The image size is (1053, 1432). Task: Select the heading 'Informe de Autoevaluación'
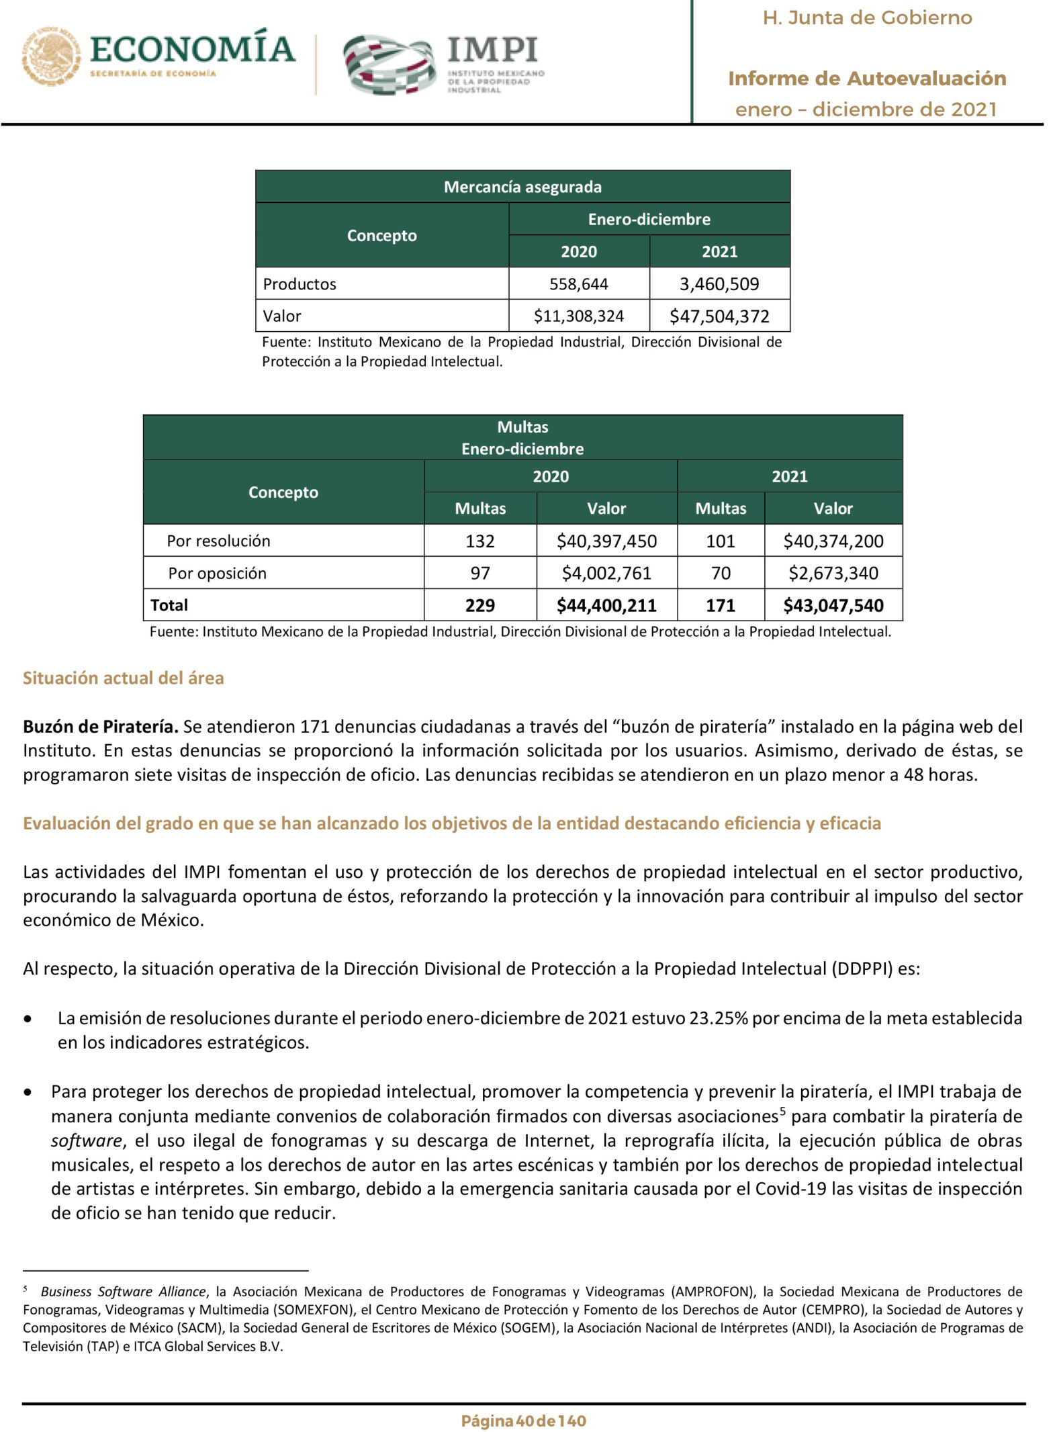(866, 79)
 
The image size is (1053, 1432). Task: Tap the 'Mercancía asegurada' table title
(522, 187)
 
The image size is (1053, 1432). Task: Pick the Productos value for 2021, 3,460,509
(719, 284)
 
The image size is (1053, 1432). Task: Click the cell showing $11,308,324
(578, 316)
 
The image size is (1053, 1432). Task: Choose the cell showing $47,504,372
(719, 316)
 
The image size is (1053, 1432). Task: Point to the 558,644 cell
(578, 284)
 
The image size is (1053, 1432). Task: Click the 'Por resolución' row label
(218, 541)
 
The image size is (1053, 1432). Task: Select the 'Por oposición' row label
(217, 574)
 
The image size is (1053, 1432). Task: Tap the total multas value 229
(479, 606)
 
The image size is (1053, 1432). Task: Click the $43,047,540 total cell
(833, 606)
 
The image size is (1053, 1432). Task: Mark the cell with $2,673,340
(833, 574)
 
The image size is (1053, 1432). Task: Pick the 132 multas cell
(479, 541)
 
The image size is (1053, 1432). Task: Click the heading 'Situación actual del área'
(124, 678)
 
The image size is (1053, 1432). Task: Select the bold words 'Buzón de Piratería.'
(101, 727)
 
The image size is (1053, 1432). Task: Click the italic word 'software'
(87, 1140)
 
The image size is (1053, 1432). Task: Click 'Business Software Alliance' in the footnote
(123, 1292)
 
